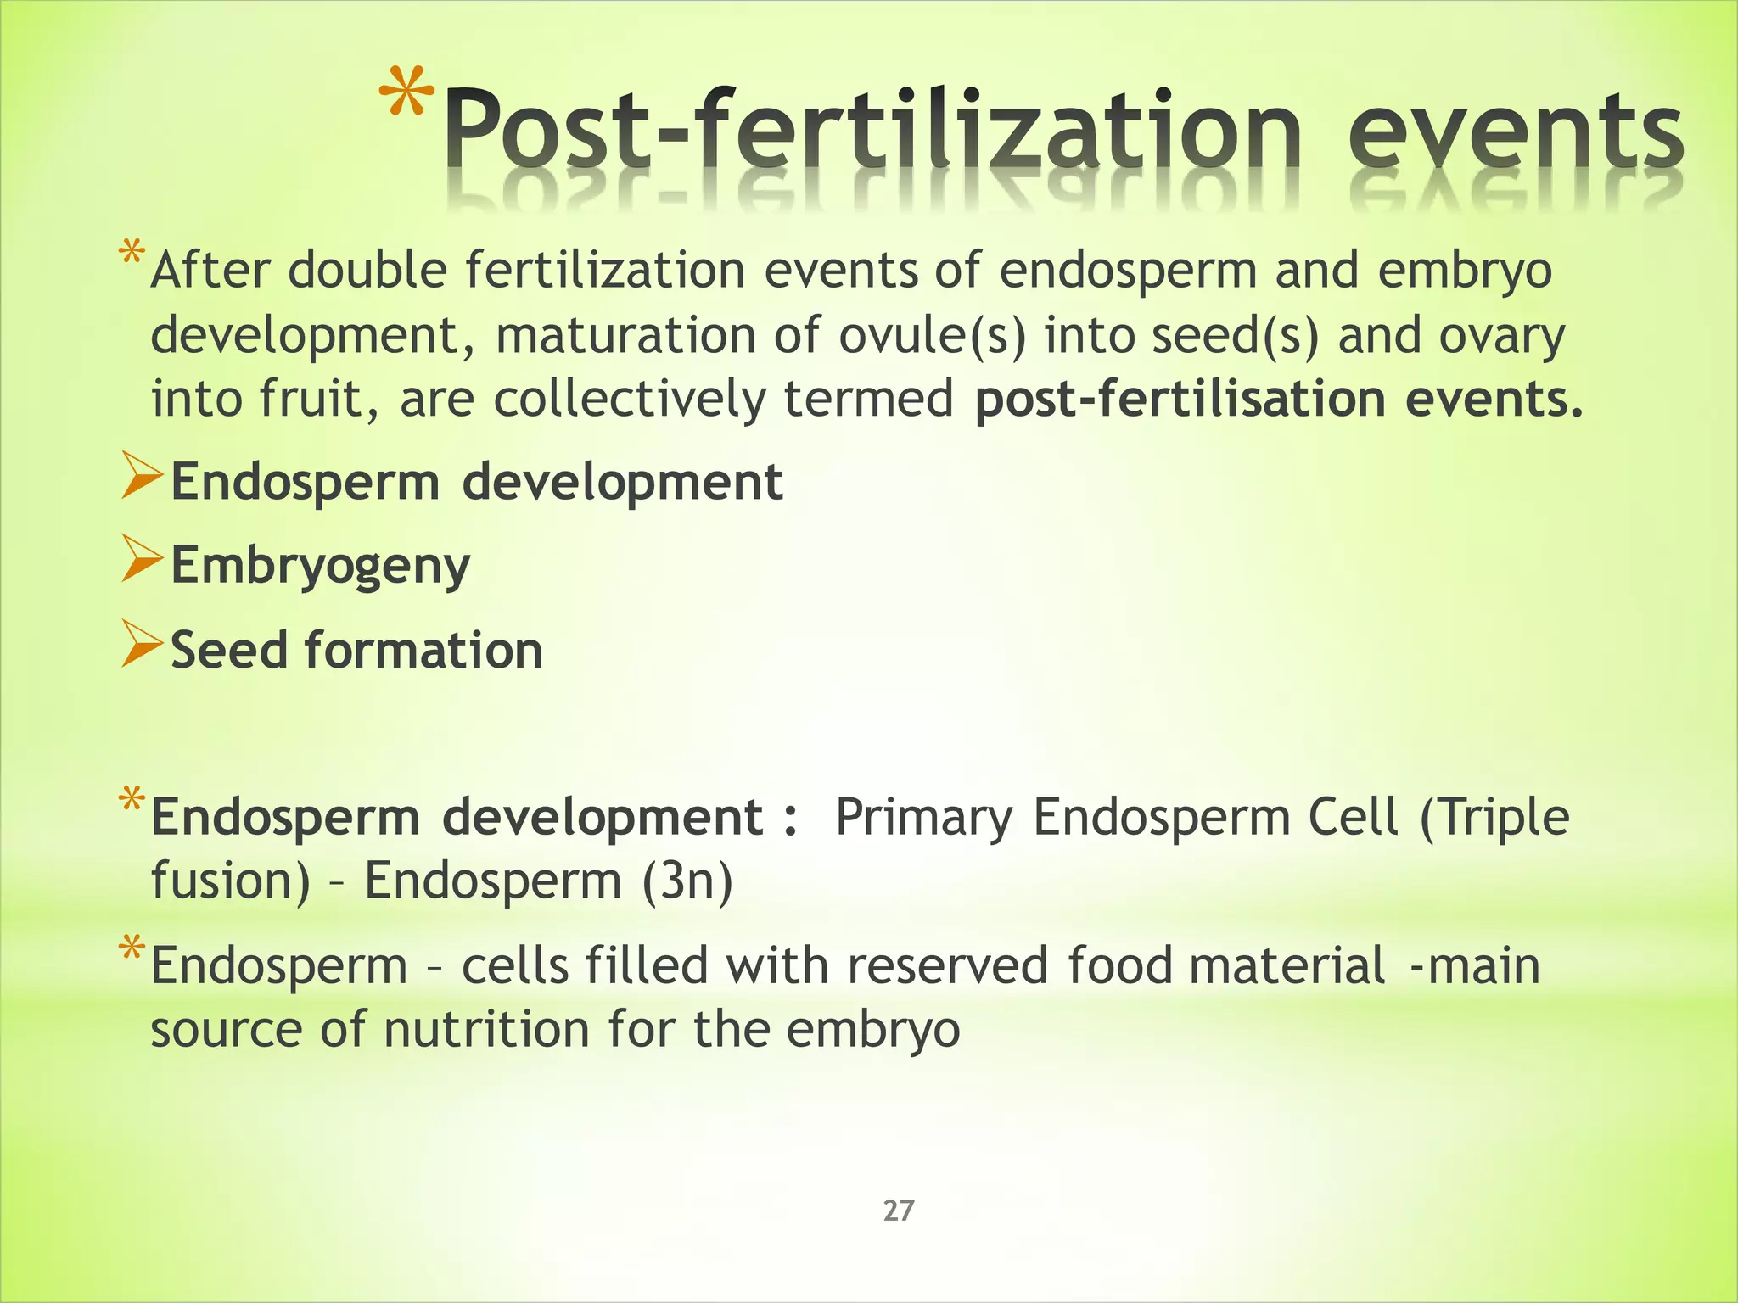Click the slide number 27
point(899,1211)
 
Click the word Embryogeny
point(320,566)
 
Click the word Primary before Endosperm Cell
point(923,818)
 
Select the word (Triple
point(1494,818)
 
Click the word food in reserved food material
point(1119,966)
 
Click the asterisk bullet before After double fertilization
point(132,254)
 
